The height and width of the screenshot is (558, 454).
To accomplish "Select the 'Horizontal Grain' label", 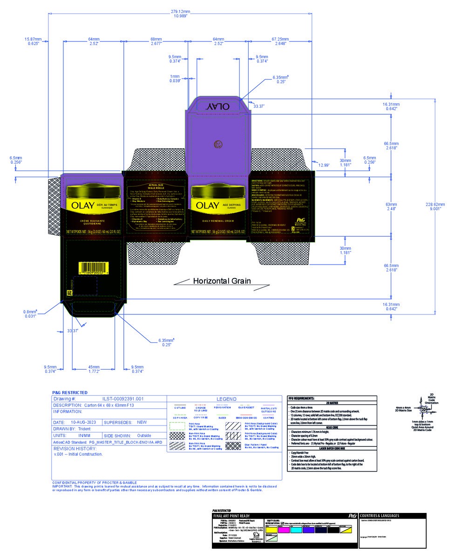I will [222, 281].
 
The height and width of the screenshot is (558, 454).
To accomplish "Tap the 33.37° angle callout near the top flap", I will [258, 106].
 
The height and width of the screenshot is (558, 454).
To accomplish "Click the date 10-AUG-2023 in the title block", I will [83, 422].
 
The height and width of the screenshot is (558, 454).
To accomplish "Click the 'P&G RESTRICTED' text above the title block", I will [69, 392].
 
